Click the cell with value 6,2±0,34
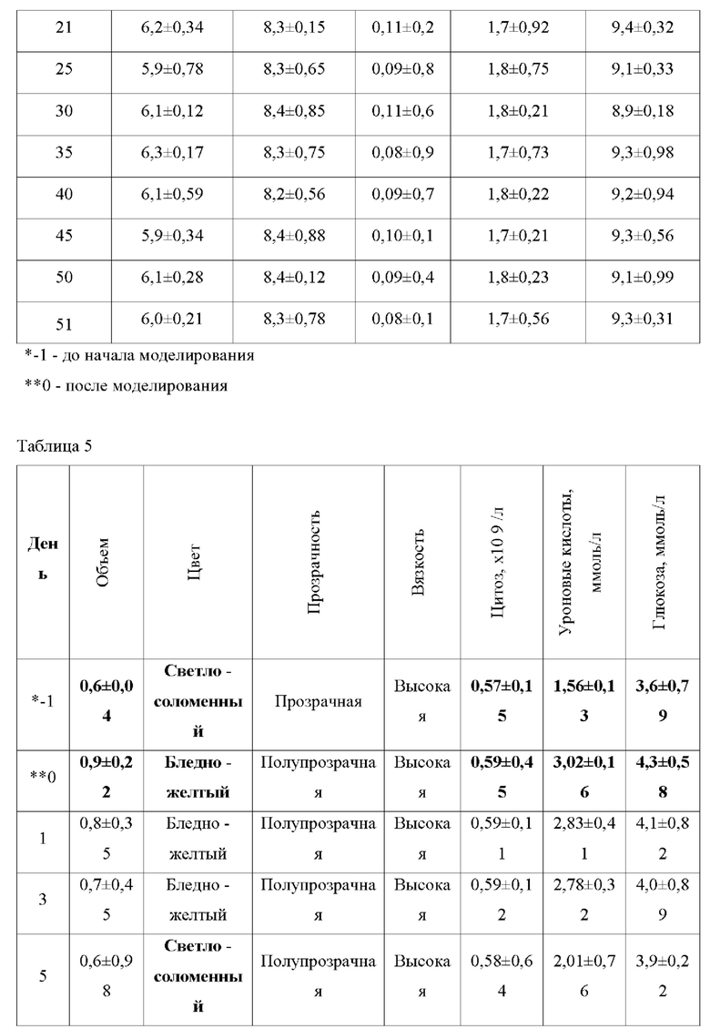pyautogui.click(x=172, y=28)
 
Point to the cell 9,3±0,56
pyautogui.click(x=643, y=236)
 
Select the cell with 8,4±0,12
pyautogui.click(x=293, y=278)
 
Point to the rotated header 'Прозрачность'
pyautogui.click(x=314, y=560)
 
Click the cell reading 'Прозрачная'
pyautogui.click(x=314, y=701)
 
